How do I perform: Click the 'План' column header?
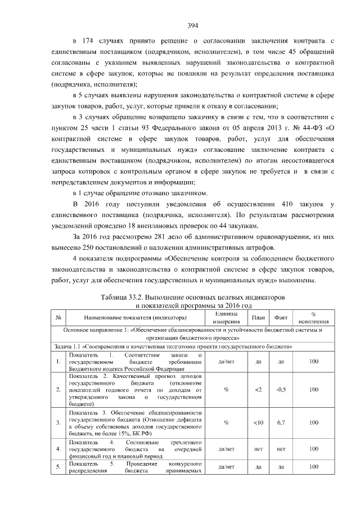coord(258,317)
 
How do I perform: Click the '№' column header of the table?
coord(58,317)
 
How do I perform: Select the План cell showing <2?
coord(258,389)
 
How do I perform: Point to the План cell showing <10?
coord(258,422)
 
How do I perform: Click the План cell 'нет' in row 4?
coord(258,449)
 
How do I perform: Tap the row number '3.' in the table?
coord(58,422)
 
